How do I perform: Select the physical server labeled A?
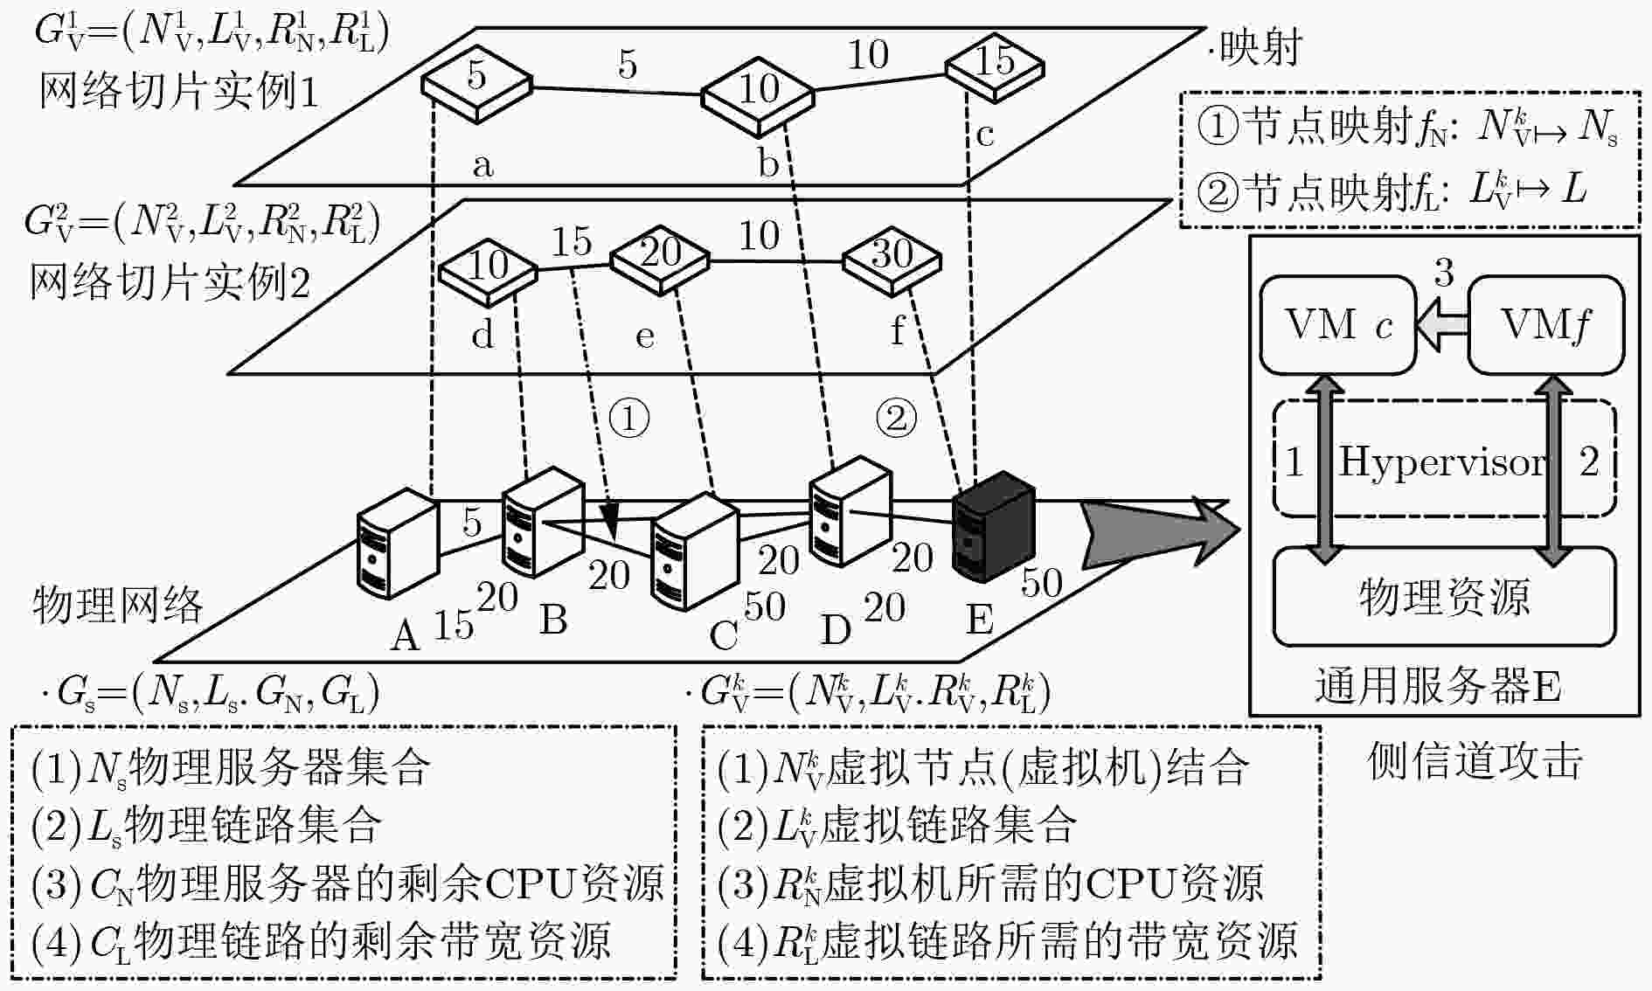tap(398, 544)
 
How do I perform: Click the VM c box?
tap(1338, 325)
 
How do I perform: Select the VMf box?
tap(1545, 325)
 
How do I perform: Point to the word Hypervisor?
tap(1443, 461)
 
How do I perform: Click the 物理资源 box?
tap(1444, 597)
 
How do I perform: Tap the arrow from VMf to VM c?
tap(1441, 325)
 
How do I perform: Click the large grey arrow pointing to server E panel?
tap(1160, 530)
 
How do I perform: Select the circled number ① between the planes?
tap(628, 419)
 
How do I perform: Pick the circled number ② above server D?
tap(897, 419)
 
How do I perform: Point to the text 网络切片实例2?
tap(170, 281)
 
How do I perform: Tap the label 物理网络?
tap(117, 605)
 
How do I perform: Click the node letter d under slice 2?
tap(482, 333)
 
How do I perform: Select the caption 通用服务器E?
tap(1438, 687)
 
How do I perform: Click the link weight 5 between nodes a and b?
tap(628, 65)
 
